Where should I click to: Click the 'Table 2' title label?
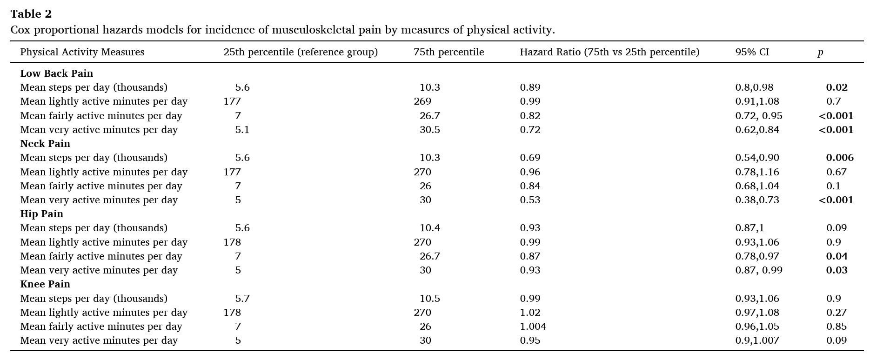(x=31, y=14)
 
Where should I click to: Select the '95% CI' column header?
(x=752, y=52)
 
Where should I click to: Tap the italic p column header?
(x=820, y=53)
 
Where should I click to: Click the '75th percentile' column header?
(x=448, y=52)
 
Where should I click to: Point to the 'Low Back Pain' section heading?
(x=56, y=73)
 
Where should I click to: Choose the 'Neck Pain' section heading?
(x=45, y=144)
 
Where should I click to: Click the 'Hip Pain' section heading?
(x=41, y=214)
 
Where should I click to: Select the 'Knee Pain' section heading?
(x=45, y=284)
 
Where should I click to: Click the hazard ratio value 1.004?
(x=533, y=327)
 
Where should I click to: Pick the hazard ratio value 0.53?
(x=530, y=200)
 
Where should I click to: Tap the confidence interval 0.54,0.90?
(x=757, y=158)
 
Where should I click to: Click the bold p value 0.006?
(x=840, y=158)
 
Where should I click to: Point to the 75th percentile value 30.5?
(x=429, y=130)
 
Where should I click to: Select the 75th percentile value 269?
(x=422, y=101)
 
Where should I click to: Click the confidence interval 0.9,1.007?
(x=757, y=340)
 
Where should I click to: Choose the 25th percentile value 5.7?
(x=242, y=299)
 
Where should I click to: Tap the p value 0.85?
(x=837, y=327)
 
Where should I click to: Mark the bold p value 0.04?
(x=837, y=256)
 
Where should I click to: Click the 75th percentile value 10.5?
(x=429, y=299)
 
